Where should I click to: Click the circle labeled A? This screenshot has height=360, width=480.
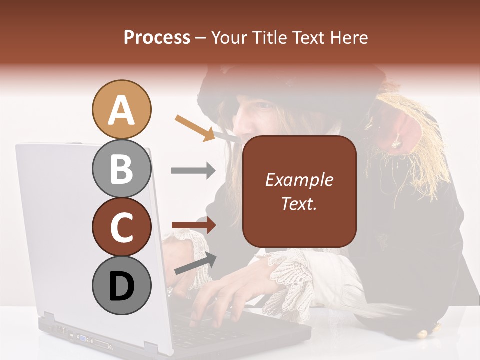(x=121, y=109)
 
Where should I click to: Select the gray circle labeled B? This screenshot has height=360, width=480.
(x=121, y=168)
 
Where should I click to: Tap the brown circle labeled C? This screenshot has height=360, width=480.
(x=121, y=227)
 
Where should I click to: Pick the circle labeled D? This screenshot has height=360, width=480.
(x=121, y=286)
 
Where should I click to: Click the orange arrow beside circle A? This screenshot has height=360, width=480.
(x=195, y=127)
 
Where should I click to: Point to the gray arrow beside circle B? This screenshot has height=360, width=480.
(x=193, y=171)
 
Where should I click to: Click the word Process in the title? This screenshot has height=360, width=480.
(x=157, y=37)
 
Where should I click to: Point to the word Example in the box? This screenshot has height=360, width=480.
(x=299, y=180)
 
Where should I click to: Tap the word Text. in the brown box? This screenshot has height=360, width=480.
(x=299, y=203)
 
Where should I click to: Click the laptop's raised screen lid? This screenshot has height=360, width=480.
(x=75, y=225)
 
